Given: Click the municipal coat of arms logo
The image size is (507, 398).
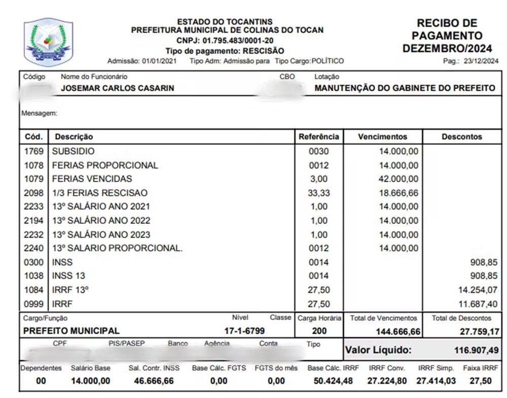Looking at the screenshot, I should [49, 43].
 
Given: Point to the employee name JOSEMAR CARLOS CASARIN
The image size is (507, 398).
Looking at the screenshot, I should [117, 88].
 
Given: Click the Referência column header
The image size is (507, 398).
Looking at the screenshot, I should [319, 137].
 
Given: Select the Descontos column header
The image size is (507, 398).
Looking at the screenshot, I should [461, 137].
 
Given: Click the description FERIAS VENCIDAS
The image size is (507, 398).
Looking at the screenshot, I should [92, 179].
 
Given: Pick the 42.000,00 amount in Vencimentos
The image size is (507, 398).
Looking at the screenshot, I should [399, 179].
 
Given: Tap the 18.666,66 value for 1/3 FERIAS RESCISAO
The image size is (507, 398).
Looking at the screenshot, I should [399, 193].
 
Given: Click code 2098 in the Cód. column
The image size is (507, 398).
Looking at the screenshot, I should [33, 193].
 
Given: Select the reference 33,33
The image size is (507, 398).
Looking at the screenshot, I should [319, 193].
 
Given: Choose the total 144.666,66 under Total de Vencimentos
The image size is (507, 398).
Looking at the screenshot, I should [398, 331].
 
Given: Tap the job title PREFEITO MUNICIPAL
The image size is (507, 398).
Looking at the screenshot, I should [71, 331].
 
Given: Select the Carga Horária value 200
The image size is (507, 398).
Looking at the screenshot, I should [319, 331].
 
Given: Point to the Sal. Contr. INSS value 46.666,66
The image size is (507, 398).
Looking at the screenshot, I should [154, 381].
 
